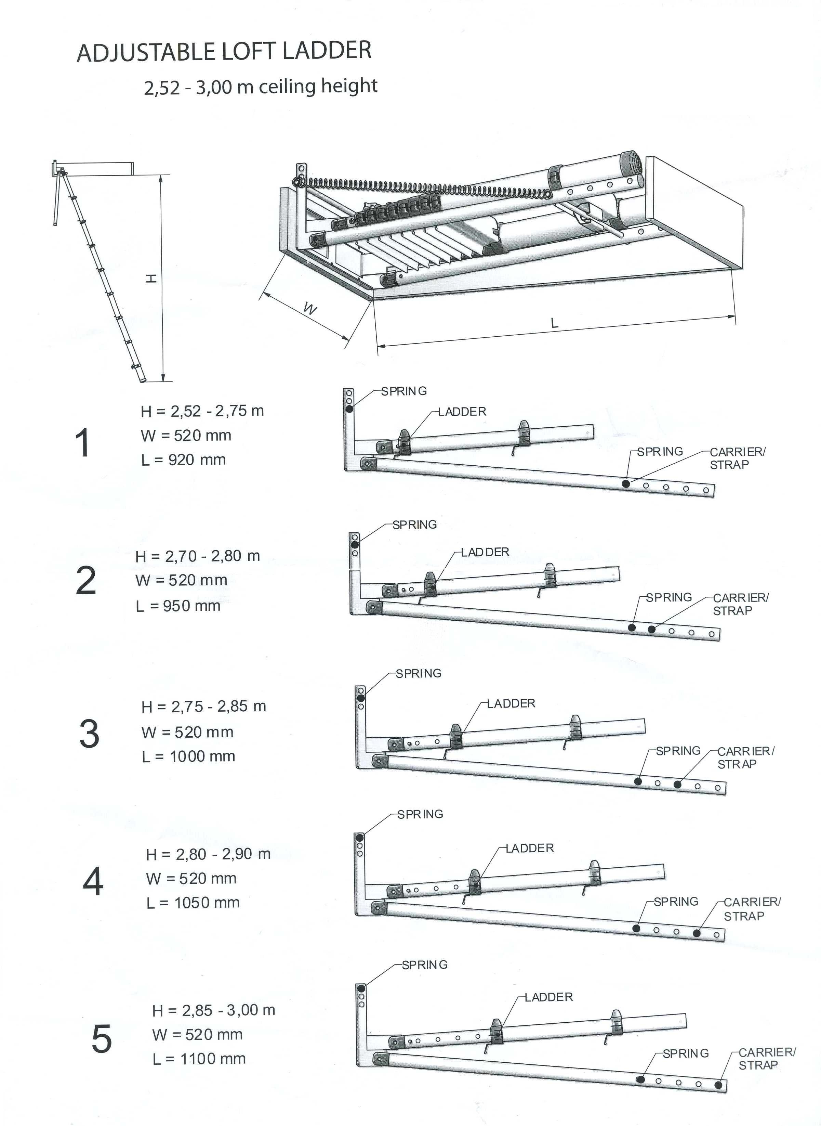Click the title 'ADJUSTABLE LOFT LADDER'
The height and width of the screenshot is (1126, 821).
point(224,52)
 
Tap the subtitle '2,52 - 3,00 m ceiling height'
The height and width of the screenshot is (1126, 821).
point(261,87)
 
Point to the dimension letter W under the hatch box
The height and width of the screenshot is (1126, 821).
point(310,310)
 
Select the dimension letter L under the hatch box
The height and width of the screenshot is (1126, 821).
point(555,323)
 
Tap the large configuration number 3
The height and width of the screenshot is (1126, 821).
point(90,734)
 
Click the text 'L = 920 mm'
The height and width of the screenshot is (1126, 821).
point(183,460)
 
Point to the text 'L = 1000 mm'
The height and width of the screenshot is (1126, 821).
point(188,756)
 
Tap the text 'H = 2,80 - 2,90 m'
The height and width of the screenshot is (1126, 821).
point(208,854)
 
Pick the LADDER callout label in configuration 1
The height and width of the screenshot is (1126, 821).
point(462,412)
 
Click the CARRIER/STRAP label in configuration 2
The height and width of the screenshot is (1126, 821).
point(741,604)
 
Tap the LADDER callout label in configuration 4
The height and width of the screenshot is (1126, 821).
point(530,848)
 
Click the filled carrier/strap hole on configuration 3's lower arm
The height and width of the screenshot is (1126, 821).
point(677,785)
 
